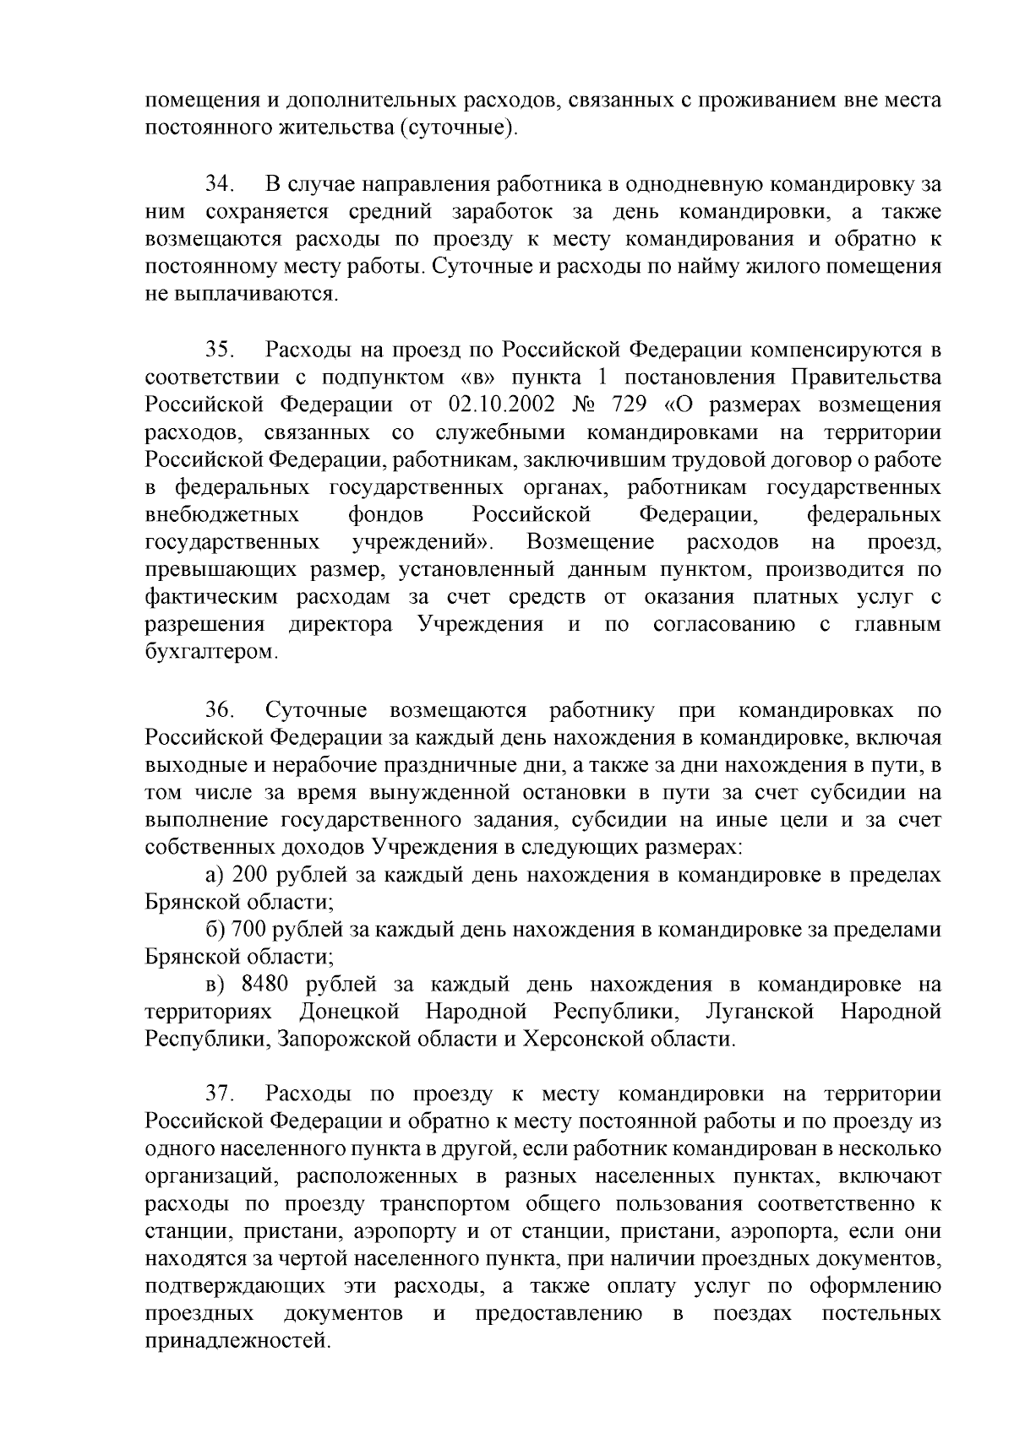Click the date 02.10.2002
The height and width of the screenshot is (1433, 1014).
click(x=498, y=404)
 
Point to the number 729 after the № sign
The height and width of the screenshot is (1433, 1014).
click(x=629, y=404)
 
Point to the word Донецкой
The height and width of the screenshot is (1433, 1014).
click(x=348, y=1012)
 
